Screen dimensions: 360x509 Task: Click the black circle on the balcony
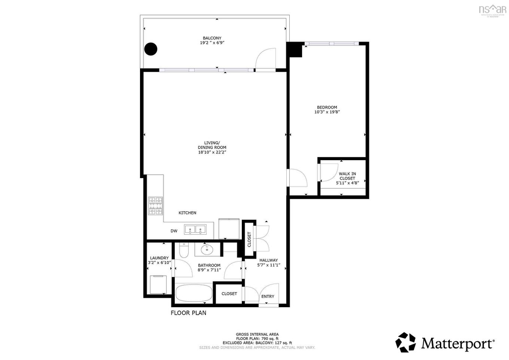pos(151,49)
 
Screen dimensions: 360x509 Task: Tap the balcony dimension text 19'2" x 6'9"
pos(212,43)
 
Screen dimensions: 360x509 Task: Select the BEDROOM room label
pos(327,107)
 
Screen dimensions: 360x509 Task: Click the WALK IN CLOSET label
pos(347,176)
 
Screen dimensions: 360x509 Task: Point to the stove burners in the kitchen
pos(156,206)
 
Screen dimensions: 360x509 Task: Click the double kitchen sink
pos(195,229)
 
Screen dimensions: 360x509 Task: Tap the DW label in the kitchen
pos(174,231)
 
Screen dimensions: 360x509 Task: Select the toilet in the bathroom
pos(184,251)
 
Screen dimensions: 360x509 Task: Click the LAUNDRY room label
pos(159,258)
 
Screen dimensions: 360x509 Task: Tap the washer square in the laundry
pos(158,285)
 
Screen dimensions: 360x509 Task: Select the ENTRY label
pos(268,296)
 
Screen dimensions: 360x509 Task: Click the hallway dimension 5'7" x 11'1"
pos(269,265)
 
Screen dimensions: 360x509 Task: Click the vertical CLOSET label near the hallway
pos(249,240)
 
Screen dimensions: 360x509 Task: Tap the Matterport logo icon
pos(406,342)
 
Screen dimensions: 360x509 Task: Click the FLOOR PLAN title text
pos(188,313)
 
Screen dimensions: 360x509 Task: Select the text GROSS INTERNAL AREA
pos(257,335)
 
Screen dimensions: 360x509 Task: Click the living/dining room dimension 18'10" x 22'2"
pos(212,152)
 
